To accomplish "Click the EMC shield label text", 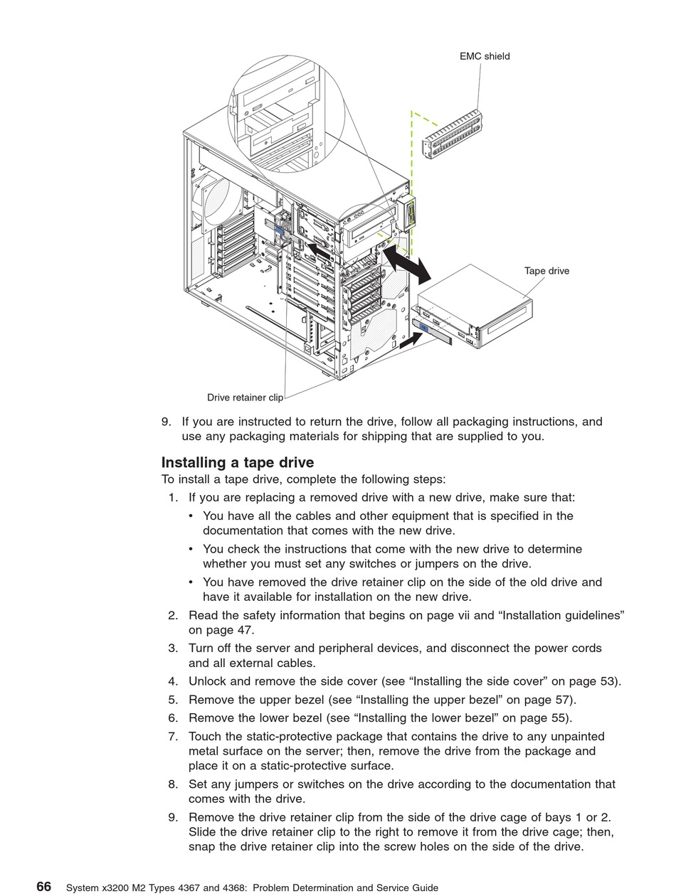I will [x=485, y=56].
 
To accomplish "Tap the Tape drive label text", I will [x=546, y=271].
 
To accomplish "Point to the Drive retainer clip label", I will [x=245, y=398].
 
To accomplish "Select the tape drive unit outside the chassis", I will [x=476, y=306].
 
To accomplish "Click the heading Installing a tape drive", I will [x=238, y=463].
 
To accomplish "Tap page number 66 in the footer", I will [x=44, y=887].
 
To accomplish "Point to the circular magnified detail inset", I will [x=286, y=114].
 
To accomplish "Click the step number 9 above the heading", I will [x=166, y=422].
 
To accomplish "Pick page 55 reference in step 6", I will [x=547, y=718].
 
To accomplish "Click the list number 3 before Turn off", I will [x=173, y=649].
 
